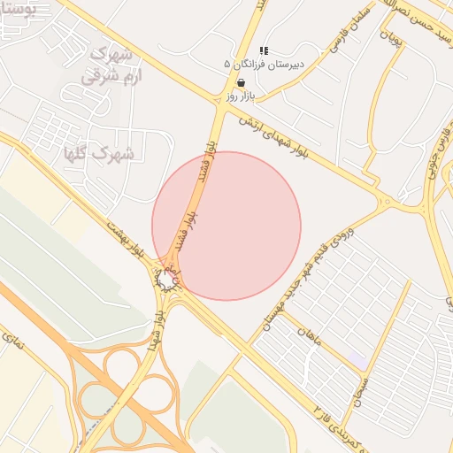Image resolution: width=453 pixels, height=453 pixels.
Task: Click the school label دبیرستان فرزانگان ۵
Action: pos(263,65)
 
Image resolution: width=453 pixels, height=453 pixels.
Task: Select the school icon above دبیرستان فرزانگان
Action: pos(263,51)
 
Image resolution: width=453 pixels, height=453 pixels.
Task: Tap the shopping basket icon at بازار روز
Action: pos(240,81)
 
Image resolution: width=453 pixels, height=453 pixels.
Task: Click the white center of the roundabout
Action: pos(166,280)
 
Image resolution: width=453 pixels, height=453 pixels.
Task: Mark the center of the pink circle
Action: pos(226,226)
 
